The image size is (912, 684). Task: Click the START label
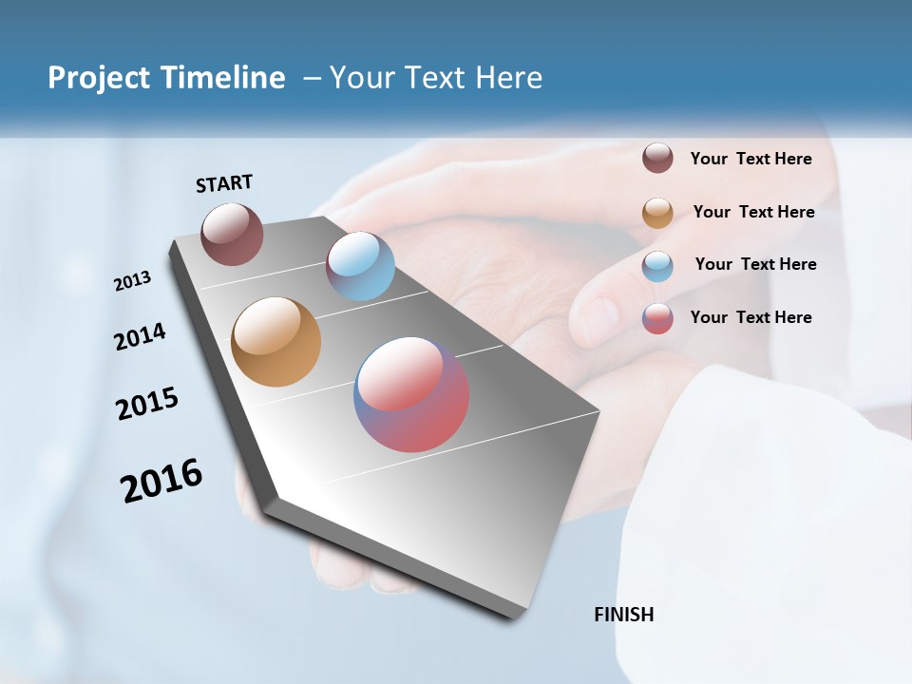pyautogui.click(x=224, y=183)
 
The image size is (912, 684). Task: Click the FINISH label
pyautogui.click(x=623, y=615)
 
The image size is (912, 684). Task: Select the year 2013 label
pyautogui.click(x=132, y=280)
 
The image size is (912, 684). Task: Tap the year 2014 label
pyautogui.click(x=140, y=336)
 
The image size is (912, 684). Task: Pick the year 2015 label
pyautogui.click(x=146, y=404)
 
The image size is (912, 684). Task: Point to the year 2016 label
pyautogui.click(x=161, y=481)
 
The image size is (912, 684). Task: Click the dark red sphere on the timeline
pyautogui.click(x=232, y=234)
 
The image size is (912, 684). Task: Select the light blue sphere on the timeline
pyautogui.click(x=360, y=266)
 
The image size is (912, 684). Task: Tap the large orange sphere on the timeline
pyautogui.click(x=275, y=342)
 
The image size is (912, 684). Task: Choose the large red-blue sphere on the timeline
pyautogui.click(x=411, y=394)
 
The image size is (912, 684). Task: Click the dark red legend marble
pyautogui.click(x=657, y=159)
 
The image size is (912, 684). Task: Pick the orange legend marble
pyautogui.click(x=657, y=213)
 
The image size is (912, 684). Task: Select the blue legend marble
pyautogui.click(x=657, y=266)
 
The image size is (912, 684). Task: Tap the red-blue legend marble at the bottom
pyautogui.click(x=657, y=318)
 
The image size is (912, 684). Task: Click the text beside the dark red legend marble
pyautogui.click(x=750, y=159)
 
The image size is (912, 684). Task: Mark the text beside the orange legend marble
pyautogui.click(x=753, y=212)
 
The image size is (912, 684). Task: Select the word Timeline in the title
pyautogui.click(x=224, y=78)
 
